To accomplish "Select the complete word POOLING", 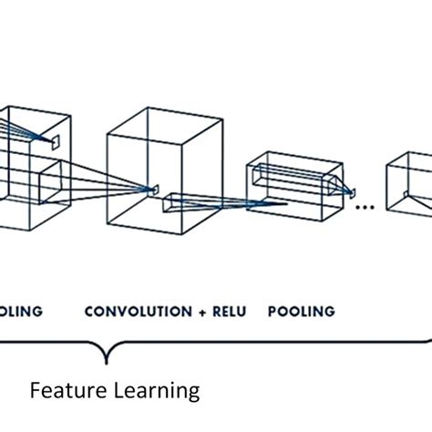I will click(301, 312).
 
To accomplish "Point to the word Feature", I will click(63, 391).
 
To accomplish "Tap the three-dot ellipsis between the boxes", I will click(365, 207).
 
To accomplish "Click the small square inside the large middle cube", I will click(153, 189).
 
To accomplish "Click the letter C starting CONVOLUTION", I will click(89, 312).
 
